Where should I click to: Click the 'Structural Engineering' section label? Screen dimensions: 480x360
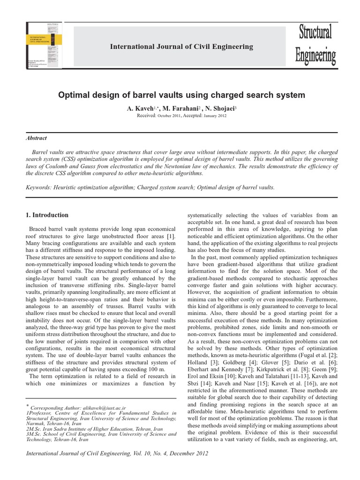(x=315, y=45)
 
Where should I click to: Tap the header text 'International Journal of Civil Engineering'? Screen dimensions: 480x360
(x=181, y=46)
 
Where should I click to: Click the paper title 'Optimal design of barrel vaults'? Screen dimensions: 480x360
(x=181, y=95)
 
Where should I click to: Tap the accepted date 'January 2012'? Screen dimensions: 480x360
(x=215, y=115)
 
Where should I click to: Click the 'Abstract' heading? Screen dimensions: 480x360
(x=36, y=138)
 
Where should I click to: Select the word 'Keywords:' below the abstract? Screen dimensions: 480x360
(x=41, y=187)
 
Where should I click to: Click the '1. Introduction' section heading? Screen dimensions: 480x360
(x=46, y=215)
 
